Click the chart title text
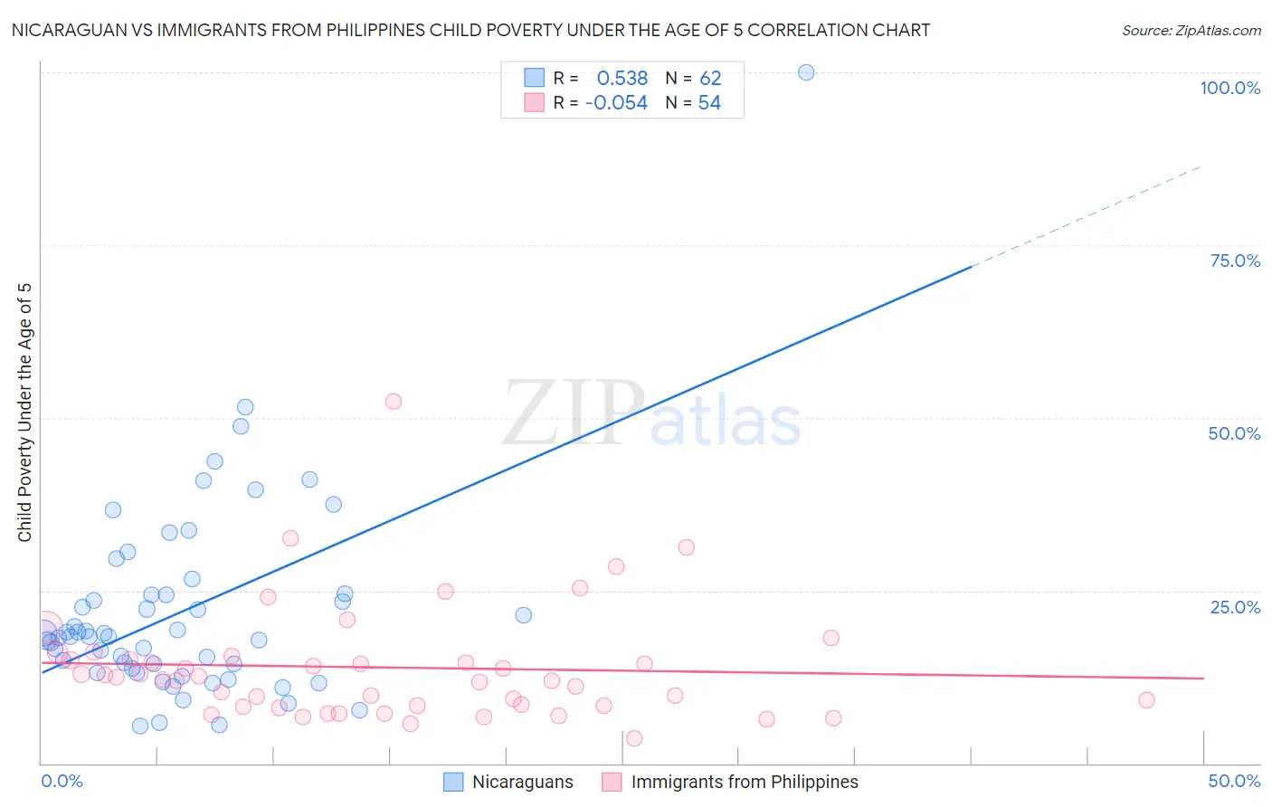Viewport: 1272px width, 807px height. point(470,31)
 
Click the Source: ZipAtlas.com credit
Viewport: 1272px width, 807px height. point(1191,31)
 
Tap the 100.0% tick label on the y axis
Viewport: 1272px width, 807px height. point(1229,89)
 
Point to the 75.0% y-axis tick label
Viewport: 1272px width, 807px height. point(1235,261)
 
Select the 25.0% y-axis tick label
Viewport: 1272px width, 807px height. point(1235,607)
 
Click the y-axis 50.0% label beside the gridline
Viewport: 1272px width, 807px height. point(1234,434)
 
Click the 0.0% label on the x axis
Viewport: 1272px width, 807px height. point(62,782)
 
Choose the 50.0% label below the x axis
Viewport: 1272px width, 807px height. point(1234,782)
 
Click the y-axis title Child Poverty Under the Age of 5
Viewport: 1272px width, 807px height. point(25,413)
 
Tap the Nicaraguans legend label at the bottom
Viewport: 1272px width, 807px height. point(522,783)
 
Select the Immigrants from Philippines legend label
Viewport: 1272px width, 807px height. point(744,783)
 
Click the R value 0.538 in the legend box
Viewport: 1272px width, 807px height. point(622,79)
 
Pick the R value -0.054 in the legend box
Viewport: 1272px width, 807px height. point(616,103)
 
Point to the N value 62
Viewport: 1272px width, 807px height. point(710,79)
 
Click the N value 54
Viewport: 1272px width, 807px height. point(709,103)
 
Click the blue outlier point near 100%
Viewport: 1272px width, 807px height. point(806,72)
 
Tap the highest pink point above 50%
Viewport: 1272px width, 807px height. point(393,402)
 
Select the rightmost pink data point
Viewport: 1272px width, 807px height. point(1146,699)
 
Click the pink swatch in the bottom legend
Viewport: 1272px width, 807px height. point(612,783)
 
